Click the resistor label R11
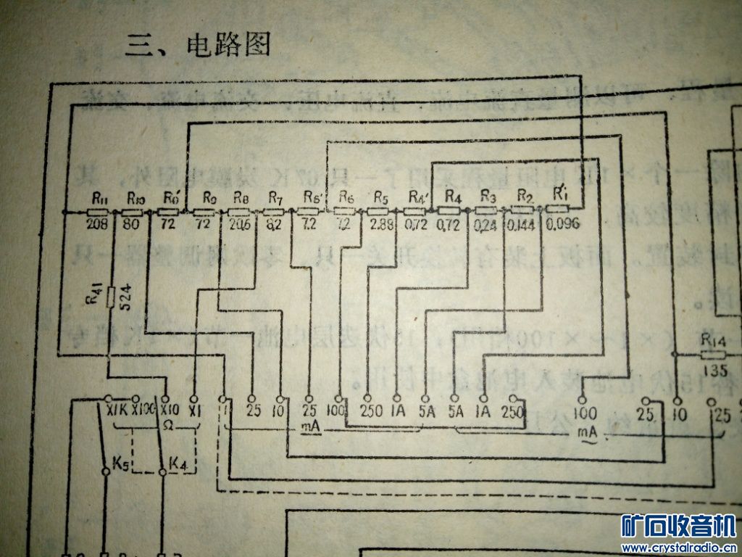click(100, 198)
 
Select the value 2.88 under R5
click(382, 225)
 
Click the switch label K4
click(178, 461)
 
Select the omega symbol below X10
click(167, 424)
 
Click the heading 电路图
click(228, 45)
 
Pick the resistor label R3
click(488, 197)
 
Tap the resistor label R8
click(241, 197)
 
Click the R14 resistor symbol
click(714, 355)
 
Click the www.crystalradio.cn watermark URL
click(680, 547)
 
